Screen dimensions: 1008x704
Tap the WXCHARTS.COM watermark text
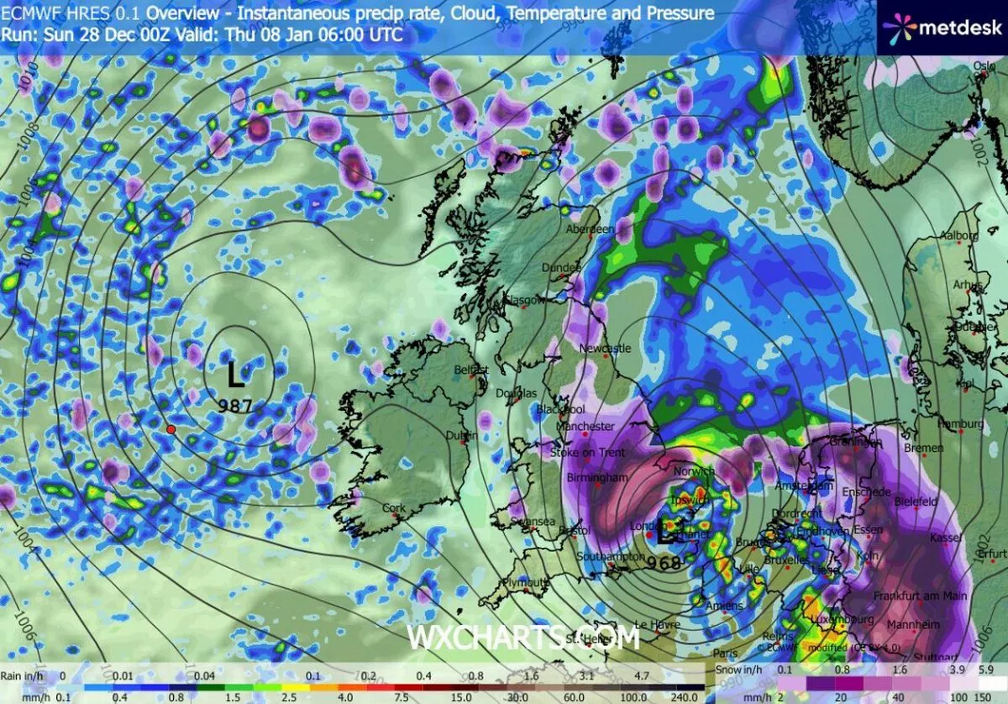click(523, 638)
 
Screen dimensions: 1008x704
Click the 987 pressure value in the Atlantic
click(236, 406)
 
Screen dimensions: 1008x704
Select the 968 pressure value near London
click(664, 563)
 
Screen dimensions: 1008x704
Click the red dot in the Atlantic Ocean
click(171, 429)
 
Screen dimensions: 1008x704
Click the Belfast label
click(471, 370)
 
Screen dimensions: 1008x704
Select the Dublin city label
click(462, 435)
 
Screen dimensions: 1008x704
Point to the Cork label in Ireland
click(393, 508)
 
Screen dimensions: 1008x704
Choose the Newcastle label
click(606, 348)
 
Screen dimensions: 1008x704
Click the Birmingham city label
click(598, 478)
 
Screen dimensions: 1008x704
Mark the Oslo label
click(984, 66)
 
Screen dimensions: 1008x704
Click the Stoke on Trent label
click(587, 453)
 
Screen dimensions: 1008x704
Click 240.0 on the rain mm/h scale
click(685, 696)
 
